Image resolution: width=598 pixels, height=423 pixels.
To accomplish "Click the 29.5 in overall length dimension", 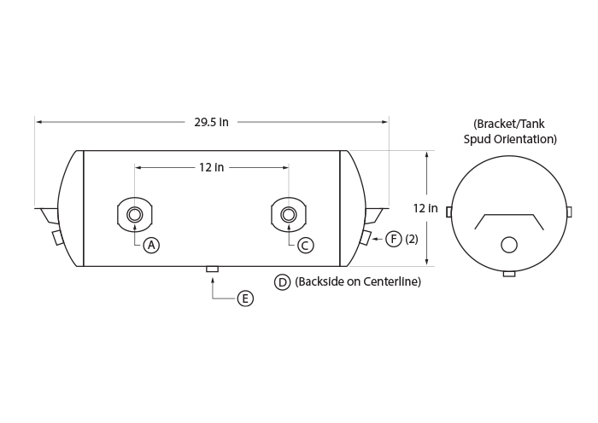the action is [x=211, y=122].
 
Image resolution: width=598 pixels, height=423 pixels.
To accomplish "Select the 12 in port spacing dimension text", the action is [x=211, y=167].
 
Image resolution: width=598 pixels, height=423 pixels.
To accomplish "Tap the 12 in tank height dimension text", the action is [x=425, y=208].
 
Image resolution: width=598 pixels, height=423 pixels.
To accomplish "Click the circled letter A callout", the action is [x=151, y=246].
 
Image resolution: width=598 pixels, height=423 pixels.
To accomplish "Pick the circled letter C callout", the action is [x=305, y=246].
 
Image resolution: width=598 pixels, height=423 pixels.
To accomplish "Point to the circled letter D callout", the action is [x=282, y=282].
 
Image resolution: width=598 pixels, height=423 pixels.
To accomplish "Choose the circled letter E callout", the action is [x=245, y=298].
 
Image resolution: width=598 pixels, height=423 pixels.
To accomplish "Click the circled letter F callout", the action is [x=394, y=239].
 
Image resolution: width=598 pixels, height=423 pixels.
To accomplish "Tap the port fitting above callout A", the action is [x=134, y=215].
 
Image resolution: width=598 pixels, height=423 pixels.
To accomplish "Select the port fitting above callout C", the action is [x=289, y=215].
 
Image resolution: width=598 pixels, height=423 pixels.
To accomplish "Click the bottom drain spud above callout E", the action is [x=213, y=269].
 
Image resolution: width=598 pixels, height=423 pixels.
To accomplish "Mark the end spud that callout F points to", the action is [x=365, y=238].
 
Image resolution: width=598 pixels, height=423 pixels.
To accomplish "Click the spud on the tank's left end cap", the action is [x=57, y=238].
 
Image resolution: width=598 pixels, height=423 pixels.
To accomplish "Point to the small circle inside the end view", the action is [x=509, y=245].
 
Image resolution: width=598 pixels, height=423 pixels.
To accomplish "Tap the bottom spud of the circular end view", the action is [x=509, y=274].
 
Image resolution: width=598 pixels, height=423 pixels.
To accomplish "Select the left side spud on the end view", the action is [x=448, y=212].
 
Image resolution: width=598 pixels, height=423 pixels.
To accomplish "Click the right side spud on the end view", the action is [x=569, y=211].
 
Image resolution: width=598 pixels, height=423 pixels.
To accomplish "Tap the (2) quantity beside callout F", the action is [x=412, y=239].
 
